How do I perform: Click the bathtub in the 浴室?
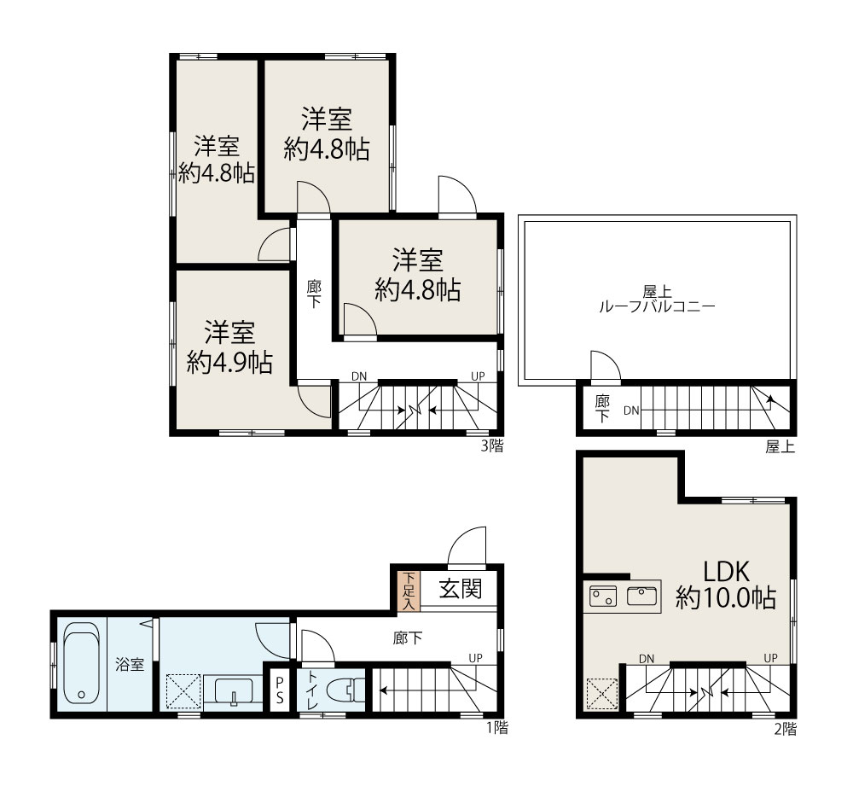pos(82,664)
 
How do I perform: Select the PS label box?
pos(278,690)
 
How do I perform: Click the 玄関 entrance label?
pos(460,588)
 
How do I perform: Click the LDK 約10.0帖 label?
pos(726,585)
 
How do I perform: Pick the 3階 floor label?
pos(491,445)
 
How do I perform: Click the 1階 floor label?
pos(491,728)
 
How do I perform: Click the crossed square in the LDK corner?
pos(602,694)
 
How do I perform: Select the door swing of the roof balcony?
pos(605,368)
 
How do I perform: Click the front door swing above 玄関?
pos(467,547)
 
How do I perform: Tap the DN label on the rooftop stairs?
pos(630,411)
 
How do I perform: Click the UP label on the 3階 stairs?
pos(479,376)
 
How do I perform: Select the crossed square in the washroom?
pos(182,690)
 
